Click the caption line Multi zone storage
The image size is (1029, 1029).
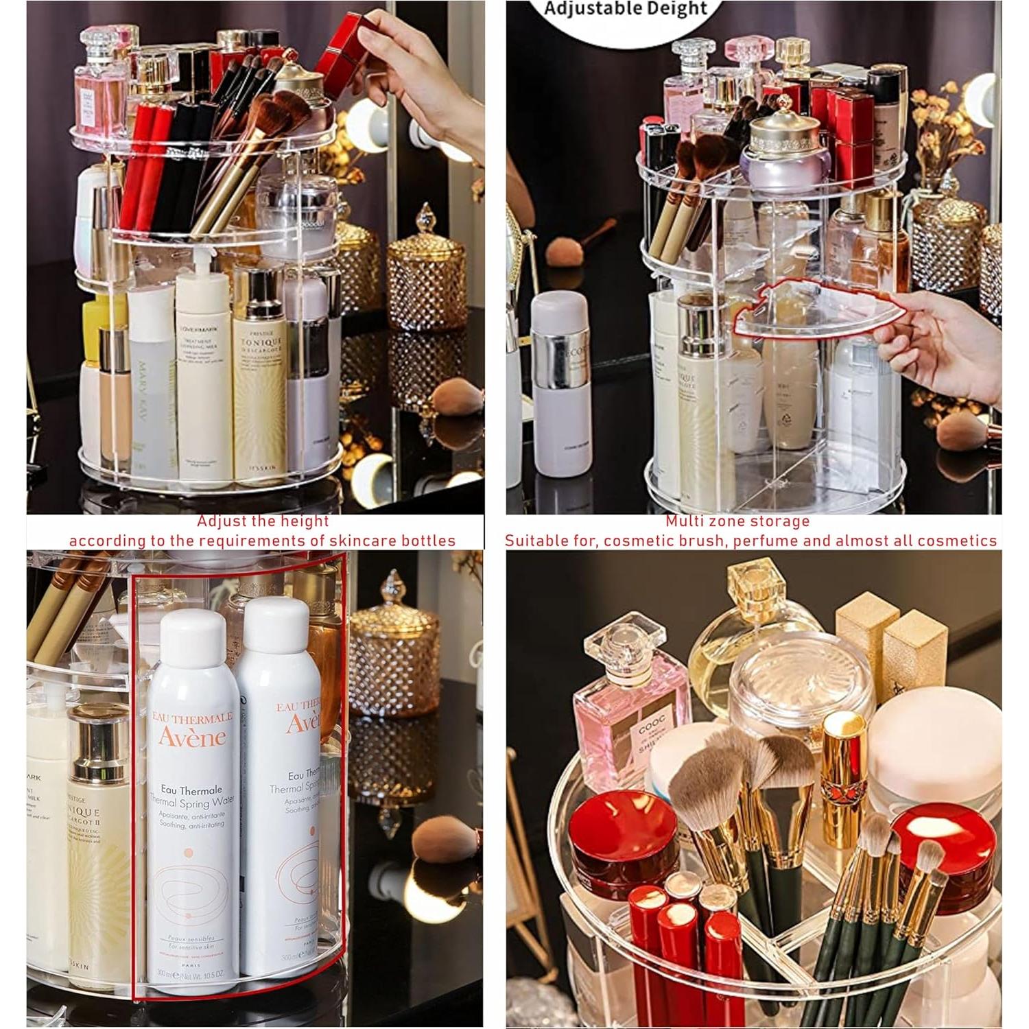(737, 521)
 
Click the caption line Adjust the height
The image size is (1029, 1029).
(263, 521)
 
